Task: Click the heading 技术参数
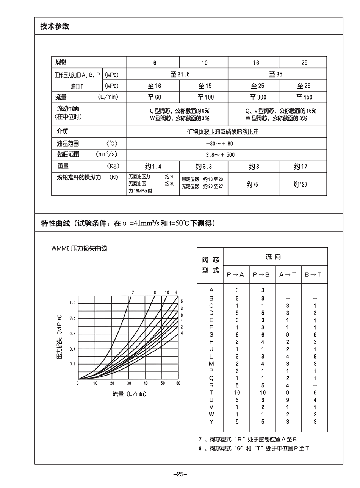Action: [x=55, y=27]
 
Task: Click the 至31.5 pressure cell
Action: [x=177, y=74]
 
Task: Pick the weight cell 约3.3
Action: [x=203, y=167]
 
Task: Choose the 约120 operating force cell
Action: [x=300, y=184]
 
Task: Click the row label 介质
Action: [x=63, y=131]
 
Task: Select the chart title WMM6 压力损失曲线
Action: [x=80, y=248]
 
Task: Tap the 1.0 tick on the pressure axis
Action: [x=72, y=303]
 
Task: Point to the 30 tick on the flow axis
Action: [x=129, y=383]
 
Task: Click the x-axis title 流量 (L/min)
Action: [x=129, y=394]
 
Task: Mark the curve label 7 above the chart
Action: [x=133, y=292]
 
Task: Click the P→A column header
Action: [x=235, y=274]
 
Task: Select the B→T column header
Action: [x=313, y=274]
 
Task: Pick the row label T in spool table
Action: [x=211, y=393]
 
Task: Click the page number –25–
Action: [x=180, y=474]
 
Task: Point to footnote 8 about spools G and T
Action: [x=254, y=449]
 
